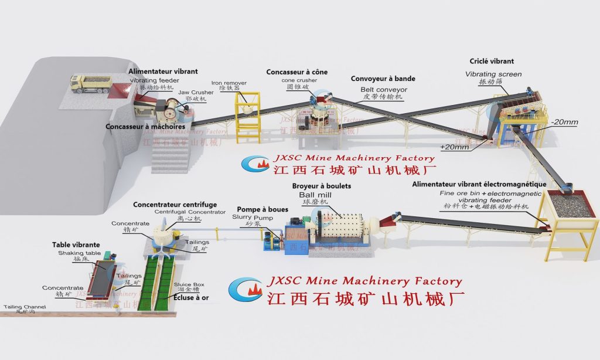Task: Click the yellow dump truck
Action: pos(91,83)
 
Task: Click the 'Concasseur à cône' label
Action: pos(296,72)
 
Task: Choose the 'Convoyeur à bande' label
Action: pos(383,79)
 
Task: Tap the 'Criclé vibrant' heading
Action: pos(492,61)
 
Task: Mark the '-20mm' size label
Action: pos(564,123)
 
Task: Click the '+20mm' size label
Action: pos(454,147)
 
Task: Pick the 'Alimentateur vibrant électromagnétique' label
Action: pos(479,184)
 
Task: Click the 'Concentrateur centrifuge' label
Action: pos(175,205)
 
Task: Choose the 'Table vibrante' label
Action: pos(76,244)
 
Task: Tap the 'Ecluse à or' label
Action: pos(191,297)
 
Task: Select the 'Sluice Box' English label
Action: pos(189,284)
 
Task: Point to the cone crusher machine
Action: pos(319,108)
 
